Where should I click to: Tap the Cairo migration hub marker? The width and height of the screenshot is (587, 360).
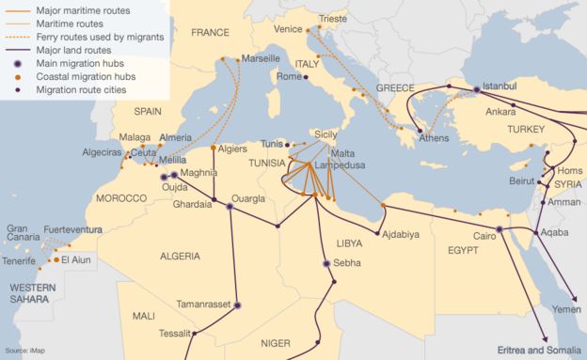pyautogui.click(x=500, y=228)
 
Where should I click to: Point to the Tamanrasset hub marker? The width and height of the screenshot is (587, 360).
pyautogui.click(x=237, y=305)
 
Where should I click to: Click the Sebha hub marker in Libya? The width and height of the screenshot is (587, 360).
pyautogui.click(x=326, y=264)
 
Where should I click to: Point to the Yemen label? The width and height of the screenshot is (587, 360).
pyautogui.click(x=567, y=309)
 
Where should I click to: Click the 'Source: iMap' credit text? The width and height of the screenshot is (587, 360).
pyautogui.click(x=24, y=350)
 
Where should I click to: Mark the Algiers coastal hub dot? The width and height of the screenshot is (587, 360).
pyautogui.click(x=214, y=148)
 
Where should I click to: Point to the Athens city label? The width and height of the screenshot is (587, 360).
pyautogui.click(x=434, y=138)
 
